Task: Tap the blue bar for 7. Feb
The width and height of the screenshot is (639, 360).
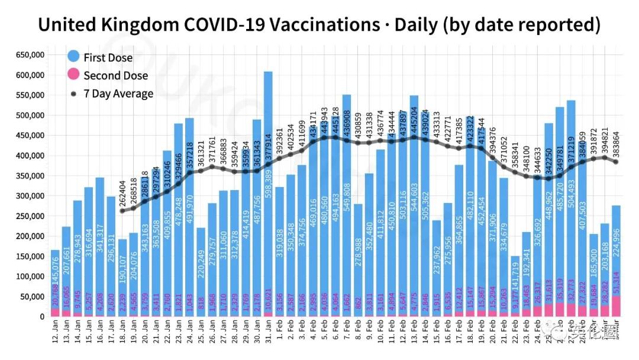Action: point(347,204)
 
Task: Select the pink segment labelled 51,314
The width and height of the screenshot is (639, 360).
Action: point(615,306)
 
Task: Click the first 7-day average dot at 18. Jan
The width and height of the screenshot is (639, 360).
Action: point(122,211)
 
